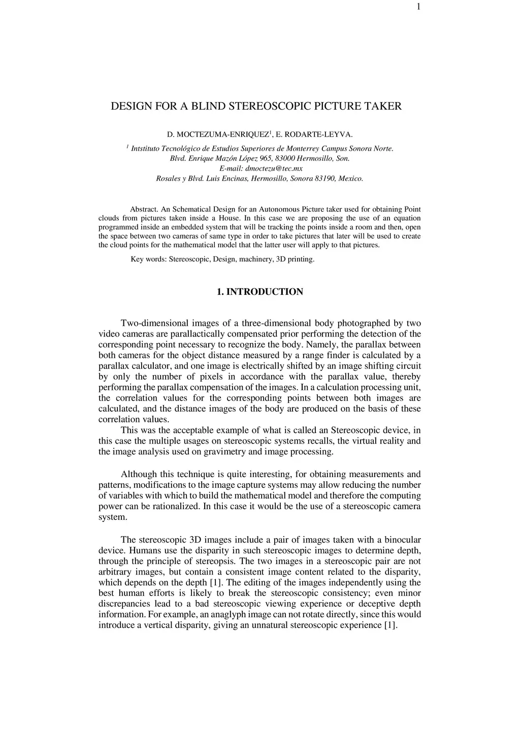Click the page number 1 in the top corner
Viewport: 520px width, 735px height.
coord(418,6)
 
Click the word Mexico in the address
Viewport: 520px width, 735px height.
coord(351,179)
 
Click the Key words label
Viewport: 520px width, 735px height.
coord(148,259)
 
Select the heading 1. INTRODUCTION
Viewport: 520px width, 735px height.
coord(259,292)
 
